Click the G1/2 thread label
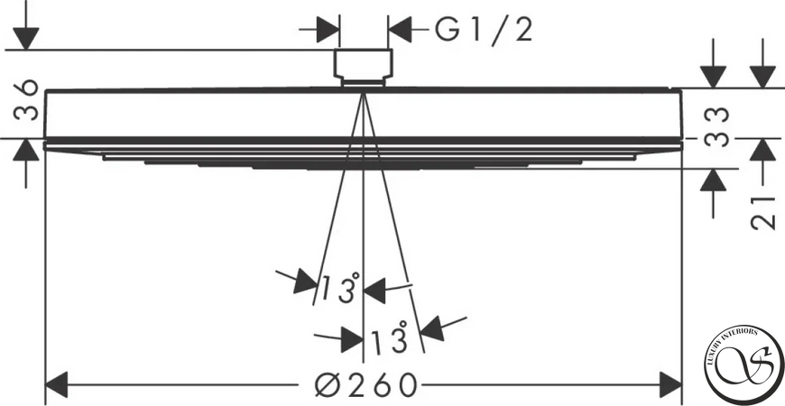483,31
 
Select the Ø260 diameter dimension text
366,385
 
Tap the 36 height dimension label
26,99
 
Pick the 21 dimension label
763,211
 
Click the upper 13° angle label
340,288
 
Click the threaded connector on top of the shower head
364,68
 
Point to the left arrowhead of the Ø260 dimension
57,385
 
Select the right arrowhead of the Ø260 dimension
670,385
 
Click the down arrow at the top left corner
26,39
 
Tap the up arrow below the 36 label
26,150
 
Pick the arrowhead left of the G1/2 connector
328,30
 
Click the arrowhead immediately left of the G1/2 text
400,30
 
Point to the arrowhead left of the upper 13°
305,281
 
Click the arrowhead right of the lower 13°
432,328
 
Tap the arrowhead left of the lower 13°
352,340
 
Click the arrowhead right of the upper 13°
374,291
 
